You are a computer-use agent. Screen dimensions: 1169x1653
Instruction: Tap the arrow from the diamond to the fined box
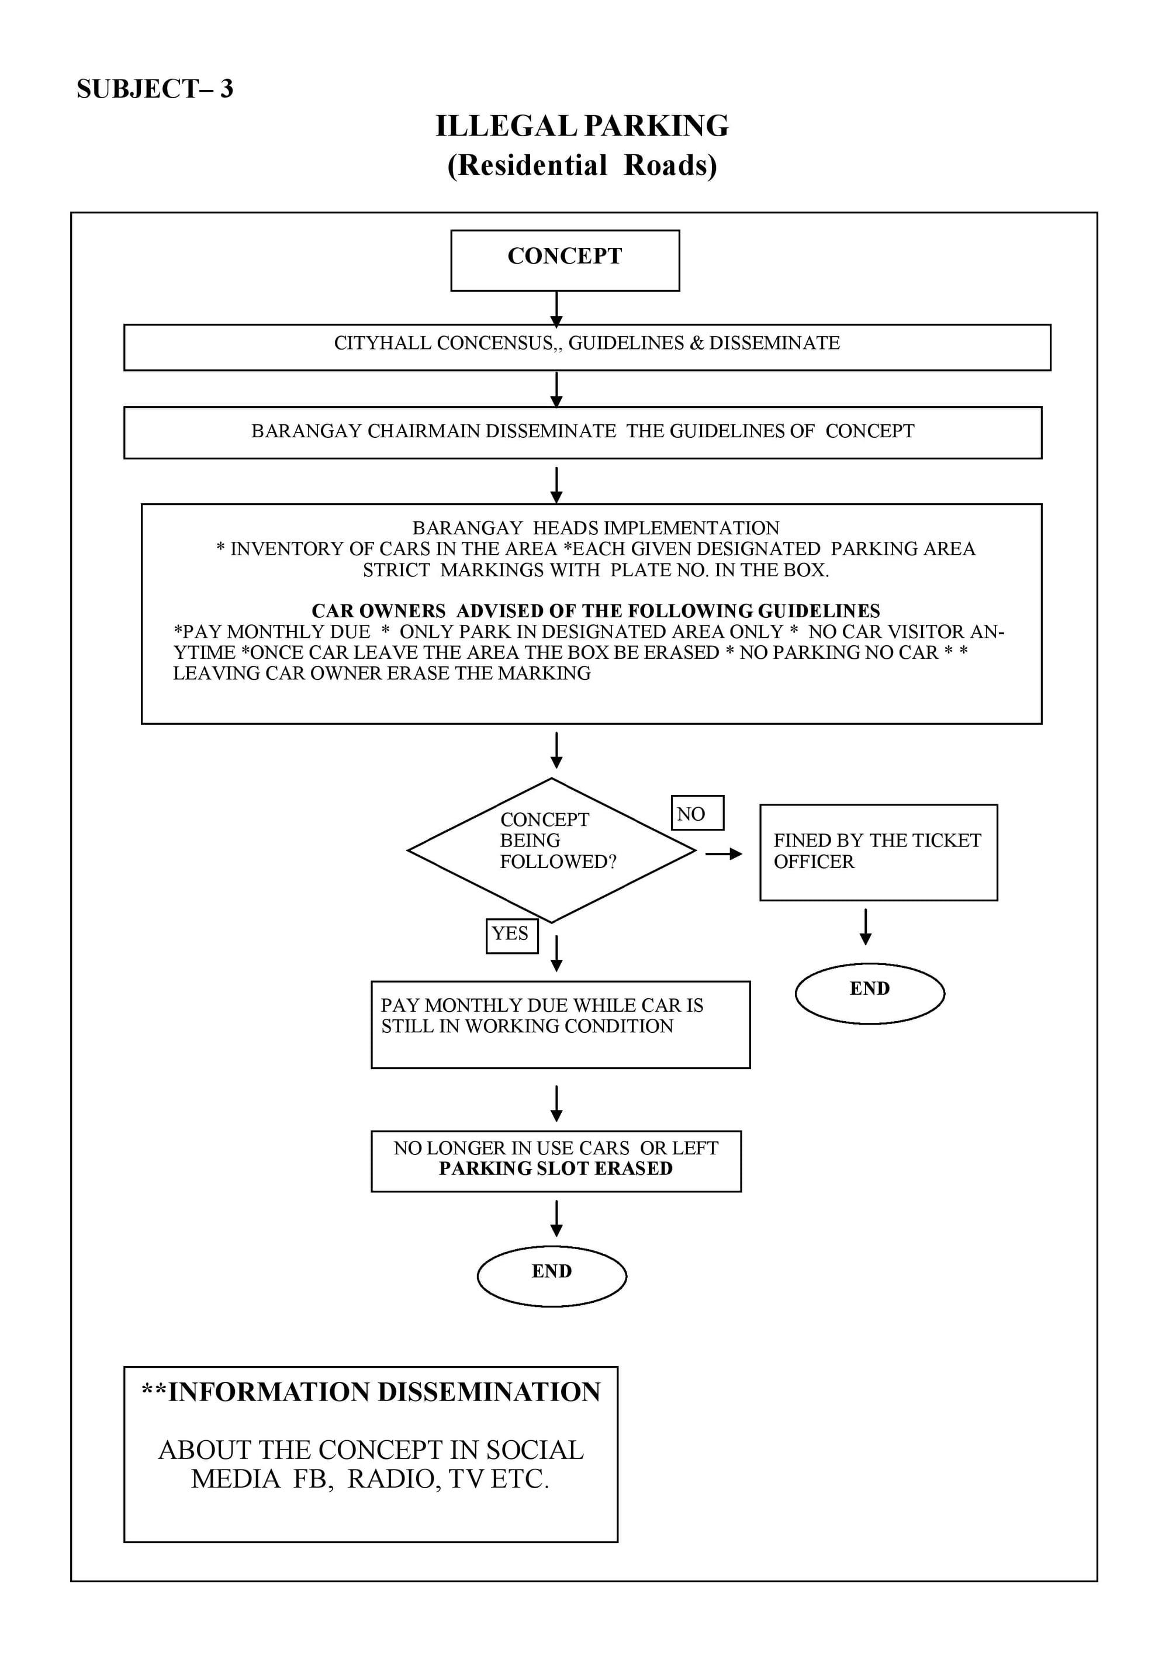(x=724, y=854)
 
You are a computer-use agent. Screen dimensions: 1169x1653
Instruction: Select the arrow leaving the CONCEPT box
(x=556, y=310)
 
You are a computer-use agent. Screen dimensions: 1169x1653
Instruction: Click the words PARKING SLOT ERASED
(x=556, y=1168)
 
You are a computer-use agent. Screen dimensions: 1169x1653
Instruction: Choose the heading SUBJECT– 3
(x=155, y=89)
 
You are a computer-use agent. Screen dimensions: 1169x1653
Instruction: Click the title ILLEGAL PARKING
(x=582, y=126)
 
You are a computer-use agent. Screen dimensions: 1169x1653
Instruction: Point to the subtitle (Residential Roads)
(x=582, y=165)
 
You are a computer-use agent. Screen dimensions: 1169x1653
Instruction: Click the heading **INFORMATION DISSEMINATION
(x=371, y=1392)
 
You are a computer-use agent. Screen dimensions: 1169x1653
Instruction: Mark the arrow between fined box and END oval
(x=866, y=926)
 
